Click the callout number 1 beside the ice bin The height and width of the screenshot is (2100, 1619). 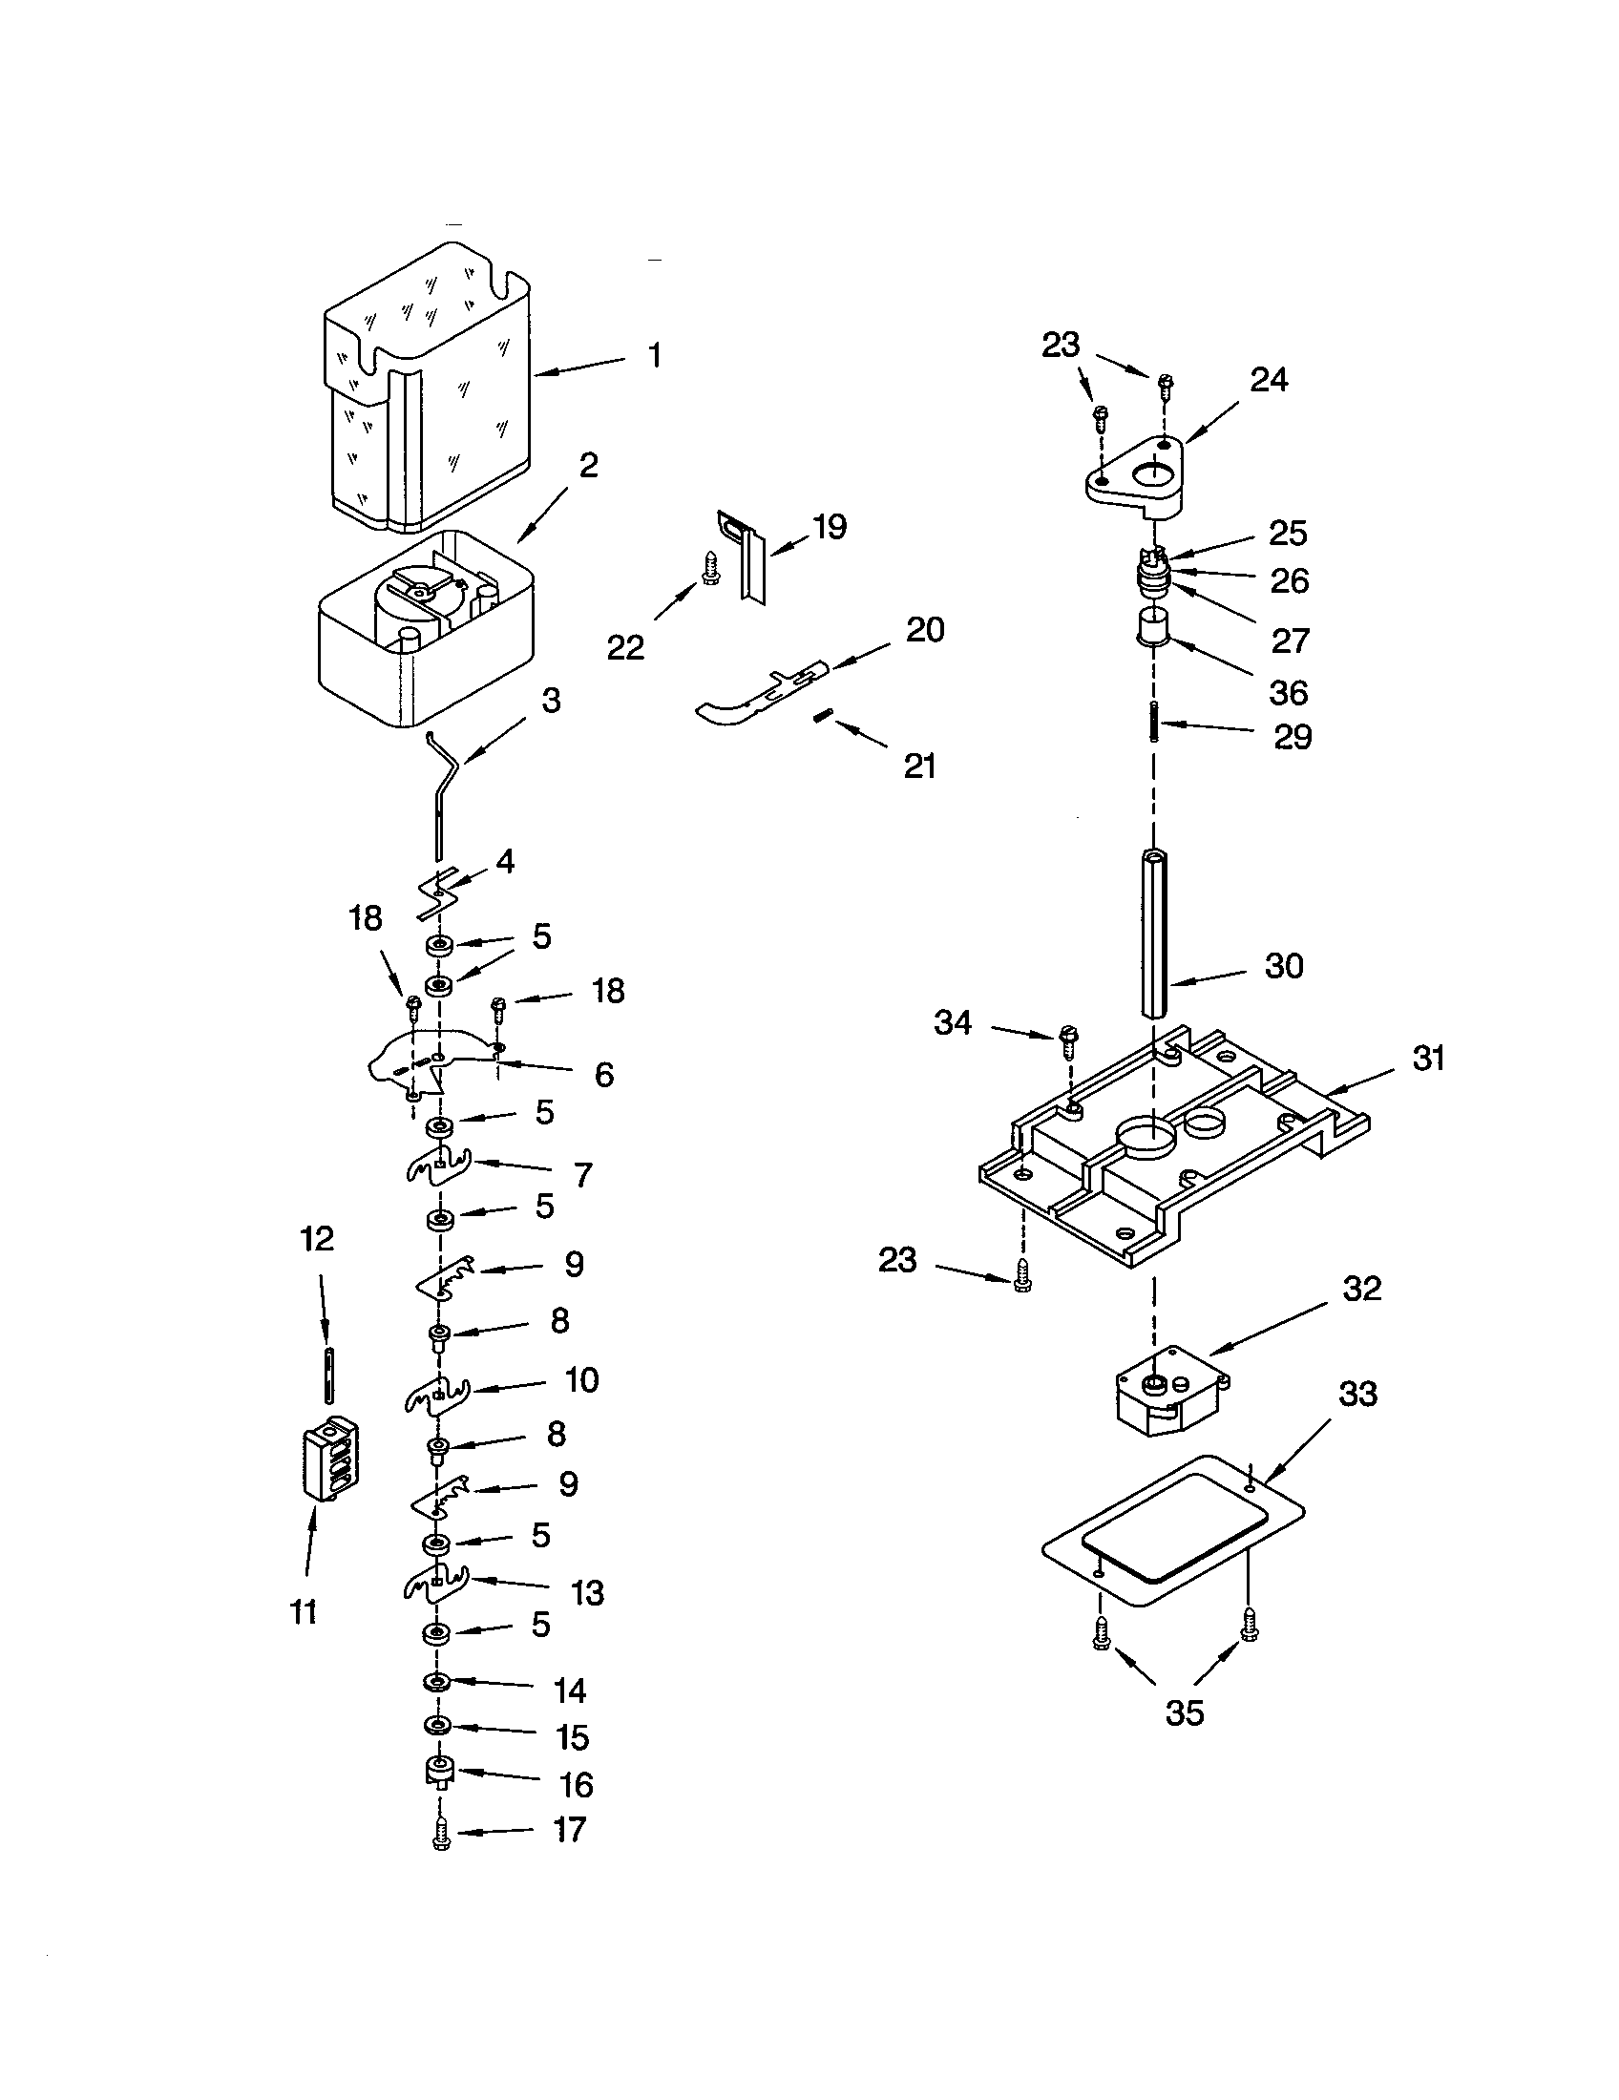click(x=654, y=356)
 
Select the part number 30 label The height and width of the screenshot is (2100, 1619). click(x=1284, y=965)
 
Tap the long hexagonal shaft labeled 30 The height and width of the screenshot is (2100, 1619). click(x=1154, y=933)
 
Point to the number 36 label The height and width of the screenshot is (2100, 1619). click(x=1289, y=691)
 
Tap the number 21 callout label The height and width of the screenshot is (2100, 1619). click(x=919, y=766)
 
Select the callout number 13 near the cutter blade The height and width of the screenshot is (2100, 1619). click(x=587, y=1592)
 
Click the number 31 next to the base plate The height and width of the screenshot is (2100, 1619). click(x=1428, y=1059)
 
